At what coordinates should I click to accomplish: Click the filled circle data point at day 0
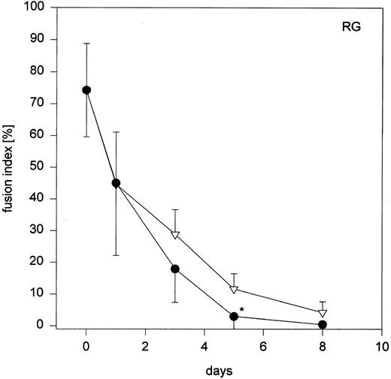click(x=86, y=90)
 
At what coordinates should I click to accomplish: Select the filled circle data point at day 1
click(x=116, y=183)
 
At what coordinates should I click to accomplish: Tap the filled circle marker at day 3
click(x=174, y=269)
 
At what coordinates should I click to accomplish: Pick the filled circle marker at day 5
click(x=234, y=317)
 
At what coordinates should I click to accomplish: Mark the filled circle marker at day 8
click(x=323, y=325)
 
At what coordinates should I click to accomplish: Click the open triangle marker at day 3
click(x=174, y=235)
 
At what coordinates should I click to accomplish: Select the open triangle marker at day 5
click(x=234, y=290)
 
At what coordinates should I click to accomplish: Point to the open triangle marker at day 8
click(x=323, y=313)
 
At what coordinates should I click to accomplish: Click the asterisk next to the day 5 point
click(x=242, y=309)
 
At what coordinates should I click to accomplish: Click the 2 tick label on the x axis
click(x=145, y=347)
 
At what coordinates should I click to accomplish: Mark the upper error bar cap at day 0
click(x=86, y=44)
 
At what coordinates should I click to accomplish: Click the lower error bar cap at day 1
click(x=116, y=256)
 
